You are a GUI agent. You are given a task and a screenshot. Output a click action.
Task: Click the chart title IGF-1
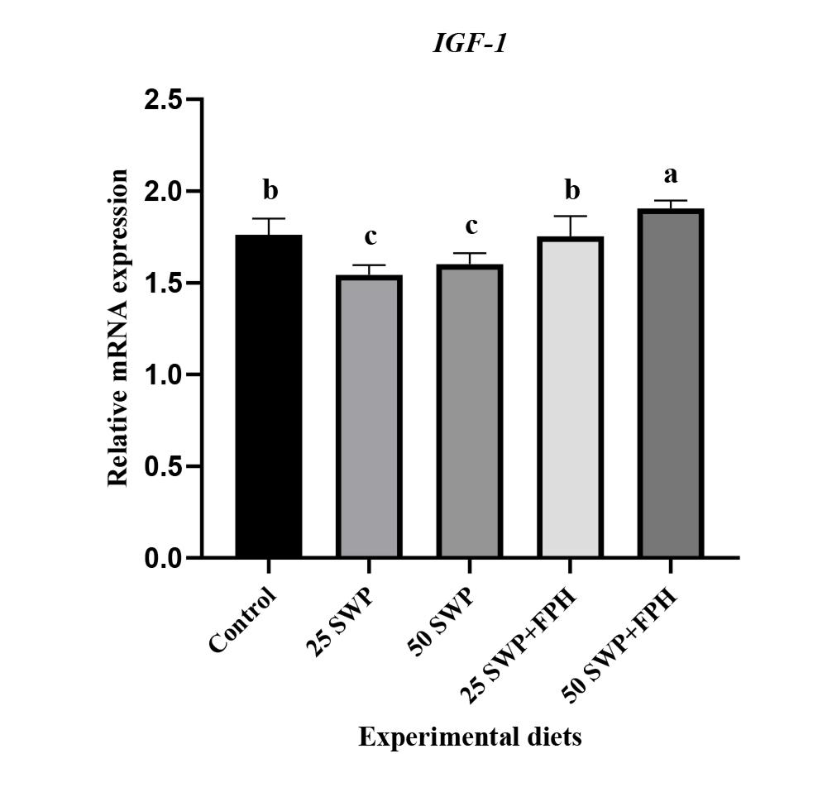click(469, 44)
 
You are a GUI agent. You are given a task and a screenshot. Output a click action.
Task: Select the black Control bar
click(268, 397)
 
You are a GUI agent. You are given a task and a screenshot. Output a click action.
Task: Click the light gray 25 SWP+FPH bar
click(570, 398)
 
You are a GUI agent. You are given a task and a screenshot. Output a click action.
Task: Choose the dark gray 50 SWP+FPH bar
click(670, 384)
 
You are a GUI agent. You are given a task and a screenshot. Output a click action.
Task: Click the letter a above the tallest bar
click(670, 175)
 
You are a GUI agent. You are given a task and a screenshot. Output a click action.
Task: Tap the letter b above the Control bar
click(269, 192)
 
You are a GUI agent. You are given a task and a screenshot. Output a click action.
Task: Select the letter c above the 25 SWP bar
click(370, 238)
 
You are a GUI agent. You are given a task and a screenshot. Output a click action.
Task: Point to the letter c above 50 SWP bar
click(470, 227)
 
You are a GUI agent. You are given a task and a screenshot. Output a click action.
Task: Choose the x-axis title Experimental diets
click(469, 737)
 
